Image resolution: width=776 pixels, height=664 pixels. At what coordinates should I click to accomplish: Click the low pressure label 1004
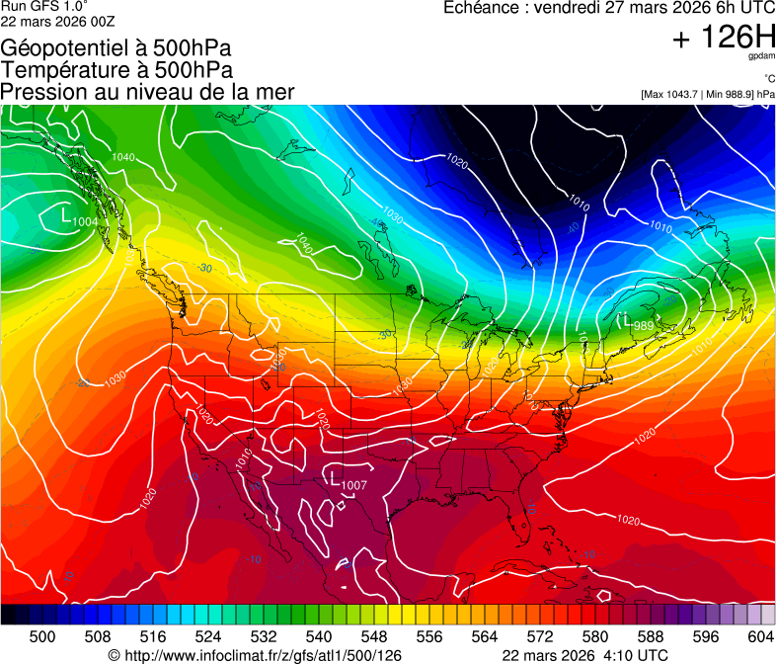pos(86,222)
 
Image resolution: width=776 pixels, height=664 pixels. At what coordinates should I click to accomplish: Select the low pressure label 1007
pos(354,485)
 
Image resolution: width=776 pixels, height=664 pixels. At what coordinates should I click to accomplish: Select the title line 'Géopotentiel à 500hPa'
pos(116,48)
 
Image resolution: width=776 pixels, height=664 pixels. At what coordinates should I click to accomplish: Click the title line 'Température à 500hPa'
pos(116,70)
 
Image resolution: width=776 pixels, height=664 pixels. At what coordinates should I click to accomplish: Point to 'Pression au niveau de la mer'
pos(147,92)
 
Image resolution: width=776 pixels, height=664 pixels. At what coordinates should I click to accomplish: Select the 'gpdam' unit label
pos(761,56)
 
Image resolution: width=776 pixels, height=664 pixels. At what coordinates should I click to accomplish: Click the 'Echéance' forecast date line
pos(609,8)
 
